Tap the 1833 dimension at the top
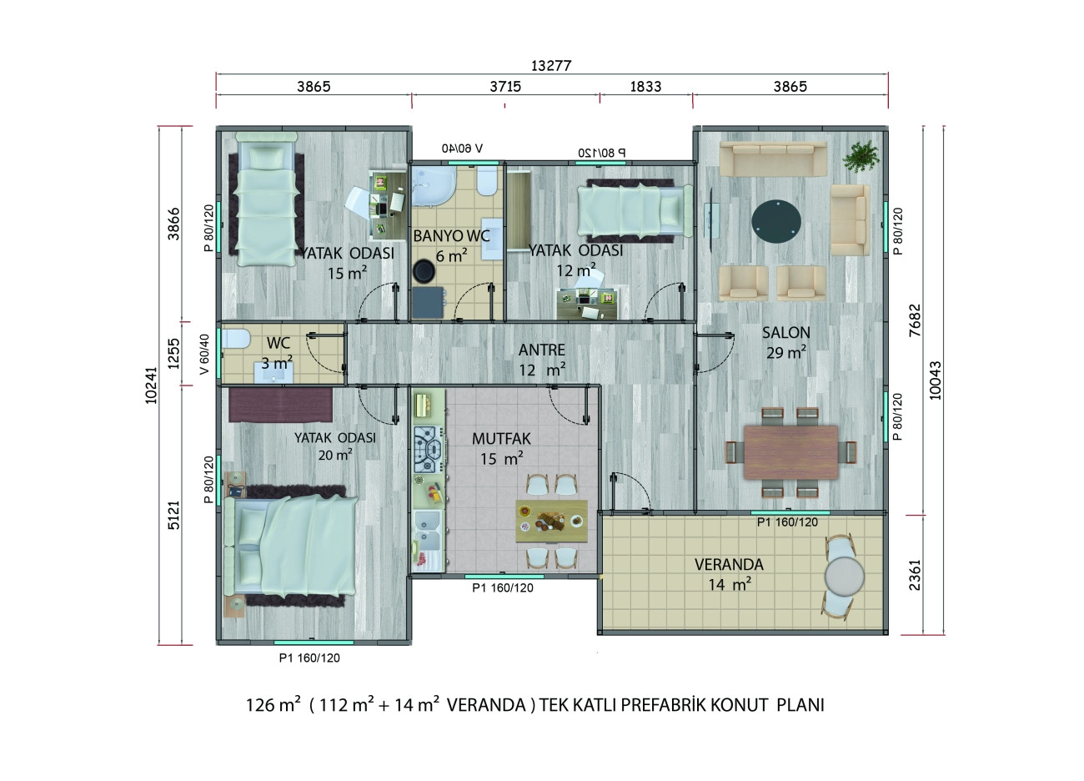[645, 86]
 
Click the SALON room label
[785, 332]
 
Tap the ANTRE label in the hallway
[541, 350]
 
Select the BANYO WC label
[451, 236]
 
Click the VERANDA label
[729, 565]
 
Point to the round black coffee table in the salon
[779, 219]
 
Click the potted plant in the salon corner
[860, 154]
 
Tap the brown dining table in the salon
[790, 451]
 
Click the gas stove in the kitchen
[429, 450]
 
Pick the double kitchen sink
[428, 533]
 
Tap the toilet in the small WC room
[238, 339]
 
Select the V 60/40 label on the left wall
[204, 355]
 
